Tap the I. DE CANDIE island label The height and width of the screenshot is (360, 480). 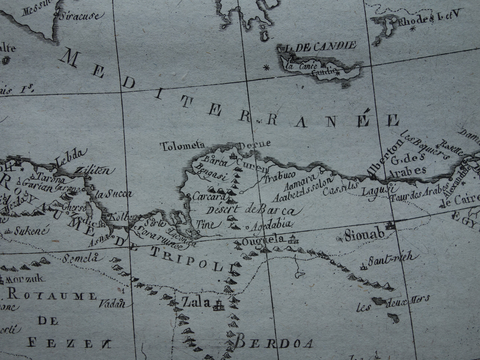click(x=316, y=46)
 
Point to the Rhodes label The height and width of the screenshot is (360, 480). click(x=414, y=20)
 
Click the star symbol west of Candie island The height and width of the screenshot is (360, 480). click(x=266, y=68)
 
